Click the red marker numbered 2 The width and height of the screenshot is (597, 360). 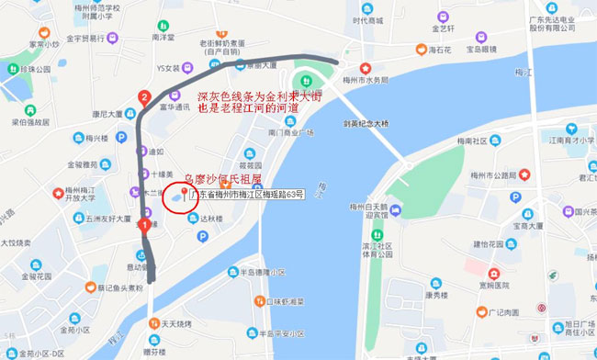(x=143, y=96)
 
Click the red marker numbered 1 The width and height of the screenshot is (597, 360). (x=144, y=222)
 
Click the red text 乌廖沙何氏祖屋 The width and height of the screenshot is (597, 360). (x=224, y=181)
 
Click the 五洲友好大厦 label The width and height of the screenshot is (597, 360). (x=107, y=219)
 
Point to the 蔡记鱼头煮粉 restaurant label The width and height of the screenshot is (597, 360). (x=119, y=287)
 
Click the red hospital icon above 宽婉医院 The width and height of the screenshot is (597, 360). (x=492, y=273)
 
